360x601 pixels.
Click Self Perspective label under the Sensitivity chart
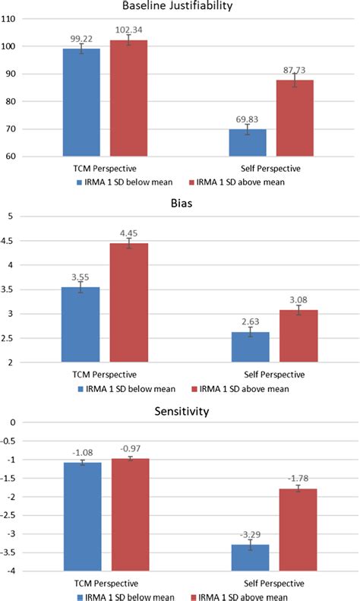[x=270, y=583]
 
